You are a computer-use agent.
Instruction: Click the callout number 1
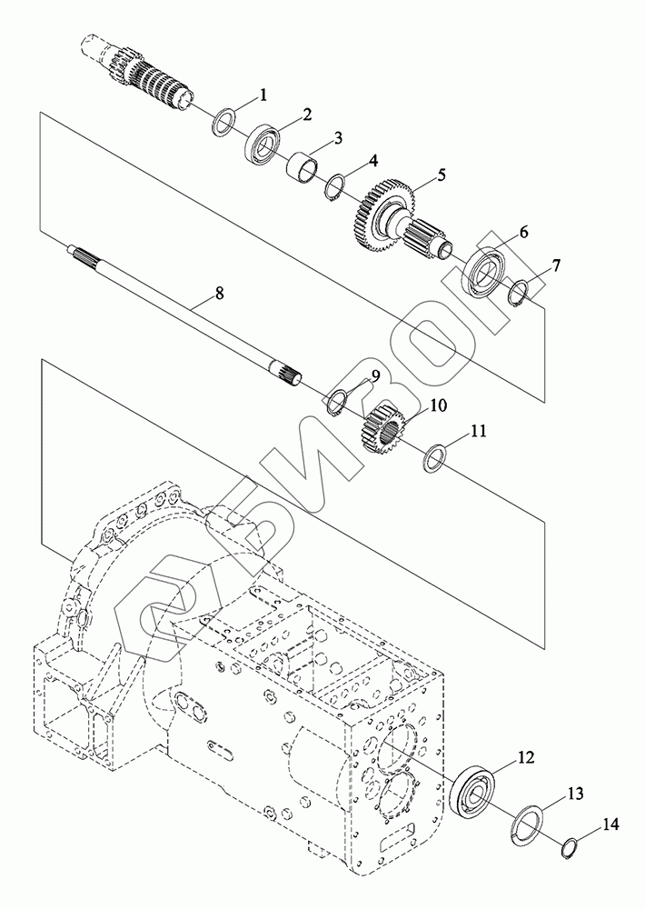pyautogui.click(x=263, y=95)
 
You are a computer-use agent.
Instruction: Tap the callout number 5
pyautogui.click(x=442, y=175)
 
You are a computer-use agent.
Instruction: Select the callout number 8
pyautogui.click(x=218, y=294)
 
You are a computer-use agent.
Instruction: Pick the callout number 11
pyautogui.click(x=479, y=431)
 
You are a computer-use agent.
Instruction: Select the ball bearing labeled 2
pyautogui.click(x=262, y=144)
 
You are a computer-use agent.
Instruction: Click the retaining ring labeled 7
pyautogui.click(x=518, y=294)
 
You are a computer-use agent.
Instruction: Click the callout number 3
pyautogui.click(x=337, y=138)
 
